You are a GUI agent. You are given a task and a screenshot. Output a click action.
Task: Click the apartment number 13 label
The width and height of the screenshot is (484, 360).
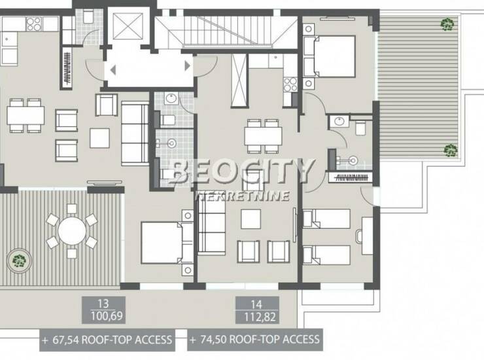(x=103, y=304)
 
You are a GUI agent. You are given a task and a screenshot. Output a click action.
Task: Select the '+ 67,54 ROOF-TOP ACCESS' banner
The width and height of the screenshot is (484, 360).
(x=107, y=340)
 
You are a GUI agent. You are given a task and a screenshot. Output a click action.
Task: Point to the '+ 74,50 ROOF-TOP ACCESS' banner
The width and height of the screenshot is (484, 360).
(x=255, y=340)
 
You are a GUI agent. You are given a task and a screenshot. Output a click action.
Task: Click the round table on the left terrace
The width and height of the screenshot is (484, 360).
(x=72, y=231)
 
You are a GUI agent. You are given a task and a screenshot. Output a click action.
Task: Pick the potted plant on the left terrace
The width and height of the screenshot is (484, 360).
(x=19, y=261)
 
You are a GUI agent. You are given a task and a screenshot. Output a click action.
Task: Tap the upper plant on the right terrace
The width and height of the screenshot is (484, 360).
(x=447, y=24)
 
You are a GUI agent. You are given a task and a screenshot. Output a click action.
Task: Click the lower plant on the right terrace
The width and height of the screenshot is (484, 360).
(x=451, y=150)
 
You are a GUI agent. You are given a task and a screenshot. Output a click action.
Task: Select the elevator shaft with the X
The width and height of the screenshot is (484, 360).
(x=128, y=26)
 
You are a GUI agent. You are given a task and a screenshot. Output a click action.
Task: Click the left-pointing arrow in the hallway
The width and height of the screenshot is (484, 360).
(x=113, y=70)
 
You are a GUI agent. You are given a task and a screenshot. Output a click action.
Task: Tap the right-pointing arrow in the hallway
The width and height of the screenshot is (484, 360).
(x=187, y=66)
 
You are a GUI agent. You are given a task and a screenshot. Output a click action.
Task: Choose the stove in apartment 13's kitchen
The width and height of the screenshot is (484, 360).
(x=34, y=24)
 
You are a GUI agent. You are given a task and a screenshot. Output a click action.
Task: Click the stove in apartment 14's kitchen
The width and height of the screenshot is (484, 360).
(x=290, y=84)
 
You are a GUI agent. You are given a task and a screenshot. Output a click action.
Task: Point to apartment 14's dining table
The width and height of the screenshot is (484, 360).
(x=263, y=136)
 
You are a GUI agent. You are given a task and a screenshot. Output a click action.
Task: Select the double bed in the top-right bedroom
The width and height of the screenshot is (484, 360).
(x=330, y=56)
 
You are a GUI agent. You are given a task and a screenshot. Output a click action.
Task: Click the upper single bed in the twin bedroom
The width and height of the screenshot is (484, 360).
(x=326, y=219)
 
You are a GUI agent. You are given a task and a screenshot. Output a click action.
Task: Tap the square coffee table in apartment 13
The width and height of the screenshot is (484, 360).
(x=99, y=138)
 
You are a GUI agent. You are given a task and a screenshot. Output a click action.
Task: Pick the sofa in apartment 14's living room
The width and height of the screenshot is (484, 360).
(x=212, y=223)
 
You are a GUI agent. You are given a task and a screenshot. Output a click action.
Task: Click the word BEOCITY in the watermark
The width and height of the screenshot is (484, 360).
(x=241, y=171)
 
